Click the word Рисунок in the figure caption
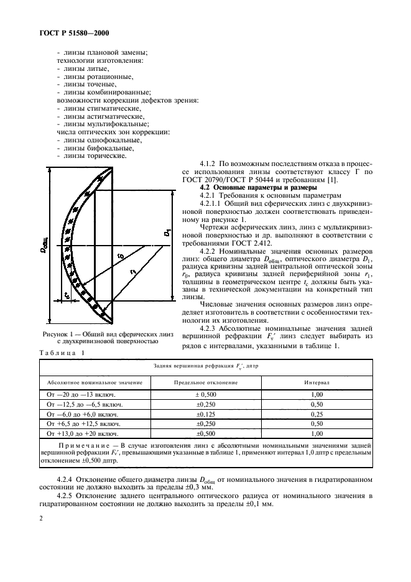coord(56,334)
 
